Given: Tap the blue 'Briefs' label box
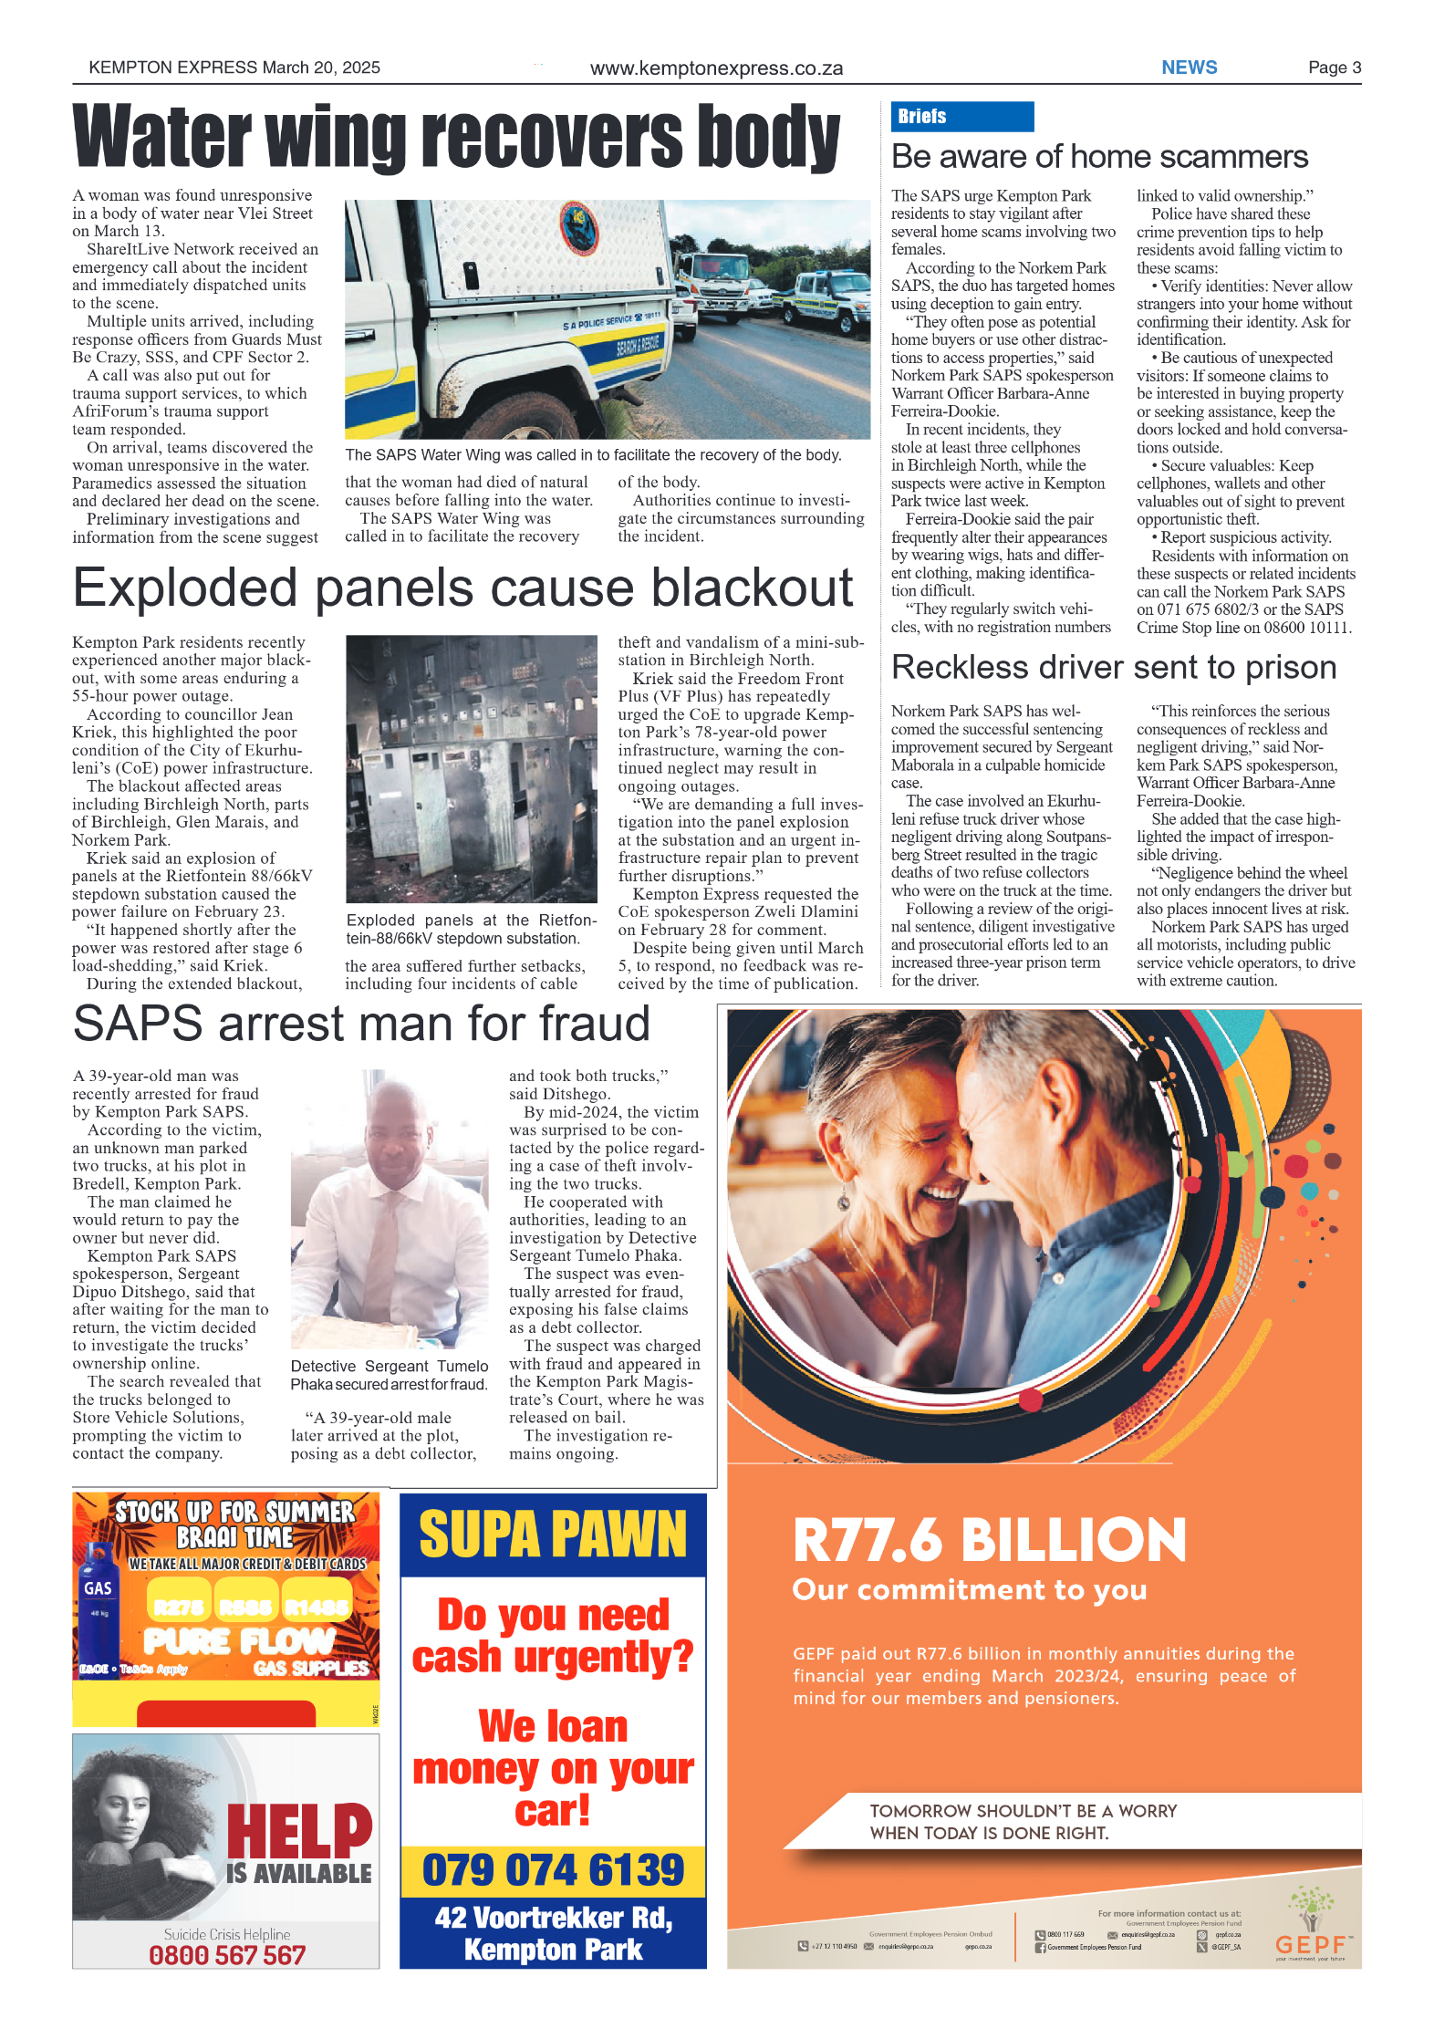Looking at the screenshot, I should [961, 117].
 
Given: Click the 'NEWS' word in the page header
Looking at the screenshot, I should [1189, 68].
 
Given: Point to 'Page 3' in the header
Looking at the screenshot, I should [1334, 68].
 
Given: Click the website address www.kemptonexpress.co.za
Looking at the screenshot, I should [716, 68].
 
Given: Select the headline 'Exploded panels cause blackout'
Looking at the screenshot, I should [462, 588].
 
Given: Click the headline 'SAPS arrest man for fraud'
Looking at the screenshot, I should [361, 1024].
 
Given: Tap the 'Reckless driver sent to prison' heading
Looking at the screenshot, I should [1113, 668].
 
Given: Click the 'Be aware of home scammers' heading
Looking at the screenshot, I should [1099, 157].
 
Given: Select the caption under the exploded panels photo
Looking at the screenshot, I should [471, 930].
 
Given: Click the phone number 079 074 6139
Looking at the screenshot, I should [553, 1870].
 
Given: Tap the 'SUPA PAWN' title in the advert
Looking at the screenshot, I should [553, 1535].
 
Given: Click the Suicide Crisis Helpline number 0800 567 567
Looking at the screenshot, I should [227, 1955].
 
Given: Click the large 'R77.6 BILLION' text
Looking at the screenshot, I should [989, 1541].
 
